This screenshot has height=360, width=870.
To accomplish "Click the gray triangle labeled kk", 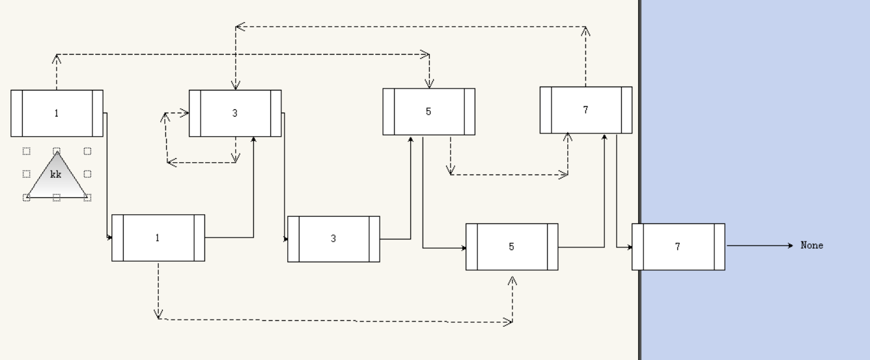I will pos(57,178).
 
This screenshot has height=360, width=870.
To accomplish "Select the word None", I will pos(812,245).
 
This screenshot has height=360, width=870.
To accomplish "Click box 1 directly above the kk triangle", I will pos(57,113).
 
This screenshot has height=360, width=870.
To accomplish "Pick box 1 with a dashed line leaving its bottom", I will pos(158,238).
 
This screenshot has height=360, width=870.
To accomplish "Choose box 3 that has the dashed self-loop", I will pos(235,113).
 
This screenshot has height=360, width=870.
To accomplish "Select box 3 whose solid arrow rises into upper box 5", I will pos(333,239).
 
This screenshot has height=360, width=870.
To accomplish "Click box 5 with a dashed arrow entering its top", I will pos(428,111).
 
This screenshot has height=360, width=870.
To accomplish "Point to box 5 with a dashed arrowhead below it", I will pos(512,247).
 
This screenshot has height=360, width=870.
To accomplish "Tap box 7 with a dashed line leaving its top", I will pos(585,110).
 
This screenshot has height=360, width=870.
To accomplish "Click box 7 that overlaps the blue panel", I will pos(678,247).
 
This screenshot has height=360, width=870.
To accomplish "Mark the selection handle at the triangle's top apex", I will pos(57,151).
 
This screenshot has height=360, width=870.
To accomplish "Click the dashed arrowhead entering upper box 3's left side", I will pos(185,113).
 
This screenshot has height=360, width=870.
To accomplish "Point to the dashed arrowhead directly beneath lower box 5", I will pos(512,280).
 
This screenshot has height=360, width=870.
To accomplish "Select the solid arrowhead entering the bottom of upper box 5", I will pos(411,139).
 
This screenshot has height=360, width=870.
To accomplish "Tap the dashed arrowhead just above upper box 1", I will pos(57,58).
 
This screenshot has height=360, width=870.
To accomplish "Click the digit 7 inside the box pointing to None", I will pos(678,247).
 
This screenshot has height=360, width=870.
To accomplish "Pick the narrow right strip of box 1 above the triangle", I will pos(98,113).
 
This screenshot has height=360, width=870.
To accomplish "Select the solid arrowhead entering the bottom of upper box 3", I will pos(253,140).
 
